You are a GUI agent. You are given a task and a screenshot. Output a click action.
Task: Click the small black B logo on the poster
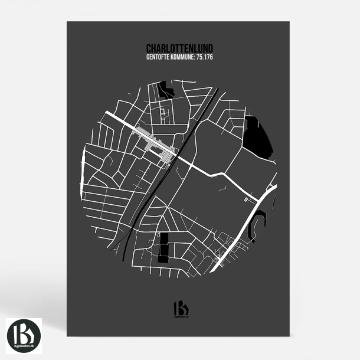180,308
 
